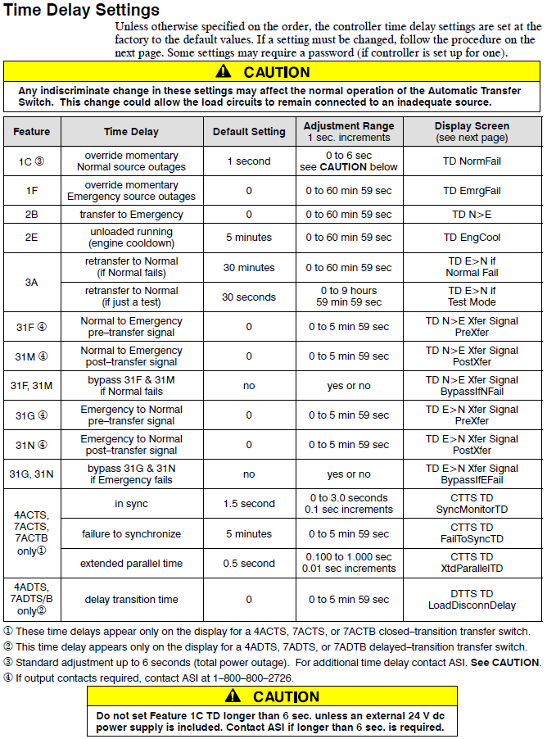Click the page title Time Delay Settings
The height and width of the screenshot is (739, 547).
point(82,11)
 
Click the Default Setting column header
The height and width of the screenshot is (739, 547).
point(249,132)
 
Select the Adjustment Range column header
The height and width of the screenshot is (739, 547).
point(349,132)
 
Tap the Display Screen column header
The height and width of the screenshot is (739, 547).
point(472,132)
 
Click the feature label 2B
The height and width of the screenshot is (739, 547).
point(32,215)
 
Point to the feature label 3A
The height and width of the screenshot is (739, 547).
point(32,282)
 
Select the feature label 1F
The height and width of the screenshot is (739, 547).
point(32,191)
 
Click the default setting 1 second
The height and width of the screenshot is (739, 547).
point(249,161)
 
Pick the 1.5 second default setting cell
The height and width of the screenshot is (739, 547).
point(249,504)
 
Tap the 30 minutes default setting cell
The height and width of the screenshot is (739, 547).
point(249,268)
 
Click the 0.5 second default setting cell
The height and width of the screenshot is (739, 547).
point(249,564)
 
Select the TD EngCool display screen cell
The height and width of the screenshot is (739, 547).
point(472,238)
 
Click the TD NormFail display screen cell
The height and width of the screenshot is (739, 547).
point(472,161)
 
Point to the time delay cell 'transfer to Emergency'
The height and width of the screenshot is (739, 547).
point(132,215)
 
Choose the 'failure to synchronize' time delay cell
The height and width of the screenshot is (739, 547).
point(132,534)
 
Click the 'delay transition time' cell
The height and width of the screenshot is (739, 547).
point(132,600)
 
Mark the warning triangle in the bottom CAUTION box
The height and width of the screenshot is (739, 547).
point(233,696)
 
